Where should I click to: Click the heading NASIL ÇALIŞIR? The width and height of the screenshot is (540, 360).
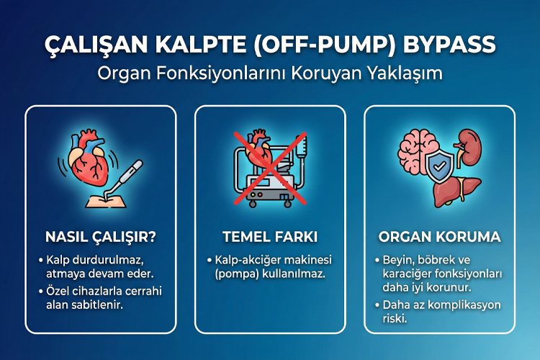[x=100, y=237]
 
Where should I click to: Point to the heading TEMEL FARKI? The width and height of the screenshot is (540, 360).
[x=270, y=237]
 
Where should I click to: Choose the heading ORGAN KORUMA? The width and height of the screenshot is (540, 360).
[x=439, y=237]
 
